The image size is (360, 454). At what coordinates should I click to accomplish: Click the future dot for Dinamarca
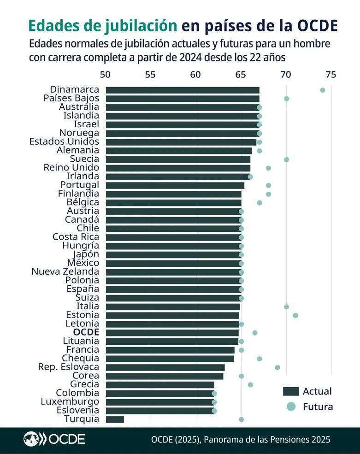point(322,90)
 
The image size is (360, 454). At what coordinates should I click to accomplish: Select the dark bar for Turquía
point(115,419)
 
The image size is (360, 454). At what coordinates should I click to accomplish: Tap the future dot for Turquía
point(241,419)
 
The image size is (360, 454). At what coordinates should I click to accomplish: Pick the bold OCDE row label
point(86,332)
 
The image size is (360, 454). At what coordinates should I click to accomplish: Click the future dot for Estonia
point(295,315)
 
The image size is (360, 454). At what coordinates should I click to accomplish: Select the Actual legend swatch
point(291,391)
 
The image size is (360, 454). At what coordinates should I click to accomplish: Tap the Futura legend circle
point(291,407)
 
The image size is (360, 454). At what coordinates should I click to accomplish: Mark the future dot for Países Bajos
point(286,99)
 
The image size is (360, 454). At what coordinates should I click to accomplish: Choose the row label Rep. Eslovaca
point(69,367)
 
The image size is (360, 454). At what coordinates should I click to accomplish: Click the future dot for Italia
point(286,307)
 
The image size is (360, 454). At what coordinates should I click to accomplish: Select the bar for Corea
point(164,376)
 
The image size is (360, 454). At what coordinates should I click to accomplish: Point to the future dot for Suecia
point(286,159)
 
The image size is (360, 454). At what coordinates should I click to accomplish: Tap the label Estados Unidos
point(64,142)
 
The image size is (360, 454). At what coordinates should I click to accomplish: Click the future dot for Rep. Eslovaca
point(277,367)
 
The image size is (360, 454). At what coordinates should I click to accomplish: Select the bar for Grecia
point(160,384)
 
